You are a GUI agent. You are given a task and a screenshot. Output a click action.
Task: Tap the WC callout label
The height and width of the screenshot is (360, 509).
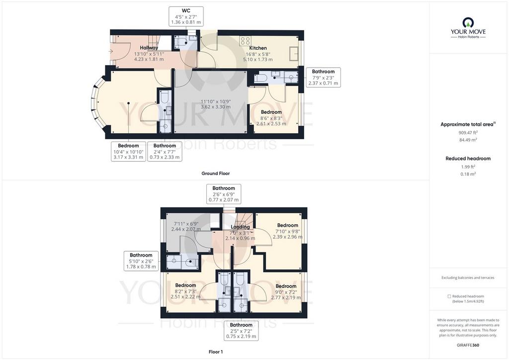click(x=186, y=16)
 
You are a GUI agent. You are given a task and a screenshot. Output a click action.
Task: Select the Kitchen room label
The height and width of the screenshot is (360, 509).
click(x=258, y=48)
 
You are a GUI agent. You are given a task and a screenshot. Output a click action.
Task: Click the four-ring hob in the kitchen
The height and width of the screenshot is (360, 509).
click(x=245, y=41)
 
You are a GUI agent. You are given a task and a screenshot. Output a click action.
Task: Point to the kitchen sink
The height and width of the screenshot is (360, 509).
click(x=294, y=52)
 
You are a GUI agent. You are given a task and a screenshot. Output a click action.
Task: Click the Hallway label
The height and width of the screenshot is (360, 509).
click(x=149, y=48)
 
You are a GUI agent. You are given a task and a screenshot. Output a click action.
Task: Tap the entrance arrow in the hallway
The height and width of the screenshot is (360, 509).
click(x=111, y=51)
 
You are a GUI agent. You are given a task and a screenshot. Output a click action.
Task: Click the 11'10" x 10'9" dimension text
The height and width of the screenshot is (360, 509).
click(x=216, y=101)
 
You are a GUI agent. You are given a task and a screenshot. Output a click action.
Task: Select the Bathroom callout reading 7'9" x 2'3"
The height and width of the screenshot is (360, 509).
click(x=323, y=77)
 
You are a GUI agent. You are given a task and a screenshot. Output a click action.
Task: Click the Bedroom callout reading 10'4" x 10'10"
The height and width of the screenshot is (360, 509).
click(x=128, y=151)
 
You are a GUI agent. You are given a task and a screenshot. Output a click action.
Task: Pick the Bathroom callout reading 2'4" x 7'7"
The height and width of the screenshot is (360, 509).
click(x=165, y=151)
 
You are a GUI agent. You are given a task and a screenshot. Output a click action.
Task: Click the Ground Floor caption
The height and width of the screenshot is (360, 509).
click(x=216, y=174)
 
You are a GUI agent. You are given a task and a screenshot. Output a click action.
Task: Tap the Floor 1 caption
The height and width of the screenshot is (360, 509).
click(x=216, y=352)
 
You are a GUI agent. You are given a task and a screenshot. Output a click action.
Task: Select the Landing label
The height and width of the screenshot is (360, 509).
click(x=240, y=227)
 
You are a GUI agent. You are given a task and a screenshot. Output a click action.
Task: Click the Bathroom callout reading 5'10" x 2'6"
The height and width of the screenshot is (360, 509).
click(x=141, y=261)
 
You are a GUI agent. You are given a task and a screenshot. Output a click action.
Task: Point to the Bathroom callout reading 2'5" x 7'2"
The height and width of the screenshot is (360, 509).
click(x=241, y=331)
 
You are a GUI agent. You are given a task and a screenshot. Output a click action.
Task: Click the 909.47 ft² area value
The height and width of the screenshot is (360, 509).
click(x=468, y=132)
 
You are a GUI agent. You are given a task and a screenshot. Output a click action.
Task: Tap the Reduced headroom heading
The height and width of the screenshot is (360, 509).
click(x=468, y=159)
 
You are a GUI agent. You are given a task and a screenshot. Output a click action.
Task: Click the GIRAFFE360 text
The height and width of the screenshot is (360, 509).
click(x=468, y=345)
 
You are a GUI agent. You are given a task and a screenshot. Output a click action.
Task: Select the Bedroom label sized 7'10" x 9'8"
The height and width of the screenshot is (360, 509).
click(x=287, y=225)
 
